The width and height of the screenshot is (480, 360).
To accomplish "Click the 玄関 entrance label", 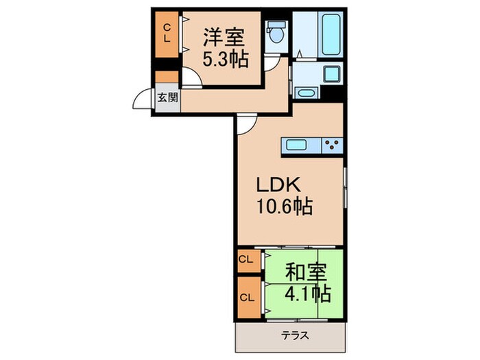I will click(x=167, y=97).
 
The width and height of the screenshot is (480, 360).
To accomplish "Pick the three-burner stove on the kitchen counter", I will click(x=333, y=145).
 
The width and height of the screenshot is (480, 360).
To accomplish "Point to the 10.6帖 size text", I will click(x=284, y=206).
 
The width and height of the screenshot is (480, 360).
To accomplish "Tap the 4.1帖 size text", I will click(x=307, y=295).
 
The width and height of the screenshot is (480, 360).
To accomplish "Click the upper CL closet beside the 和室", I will click(x=246, y=260).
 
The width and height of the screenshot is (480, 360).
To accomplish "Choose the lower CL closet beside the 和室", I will click(x=246, y=298).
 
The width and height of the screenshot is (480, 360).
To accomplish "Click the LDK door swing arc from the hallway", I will click(x=247, y=123).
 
